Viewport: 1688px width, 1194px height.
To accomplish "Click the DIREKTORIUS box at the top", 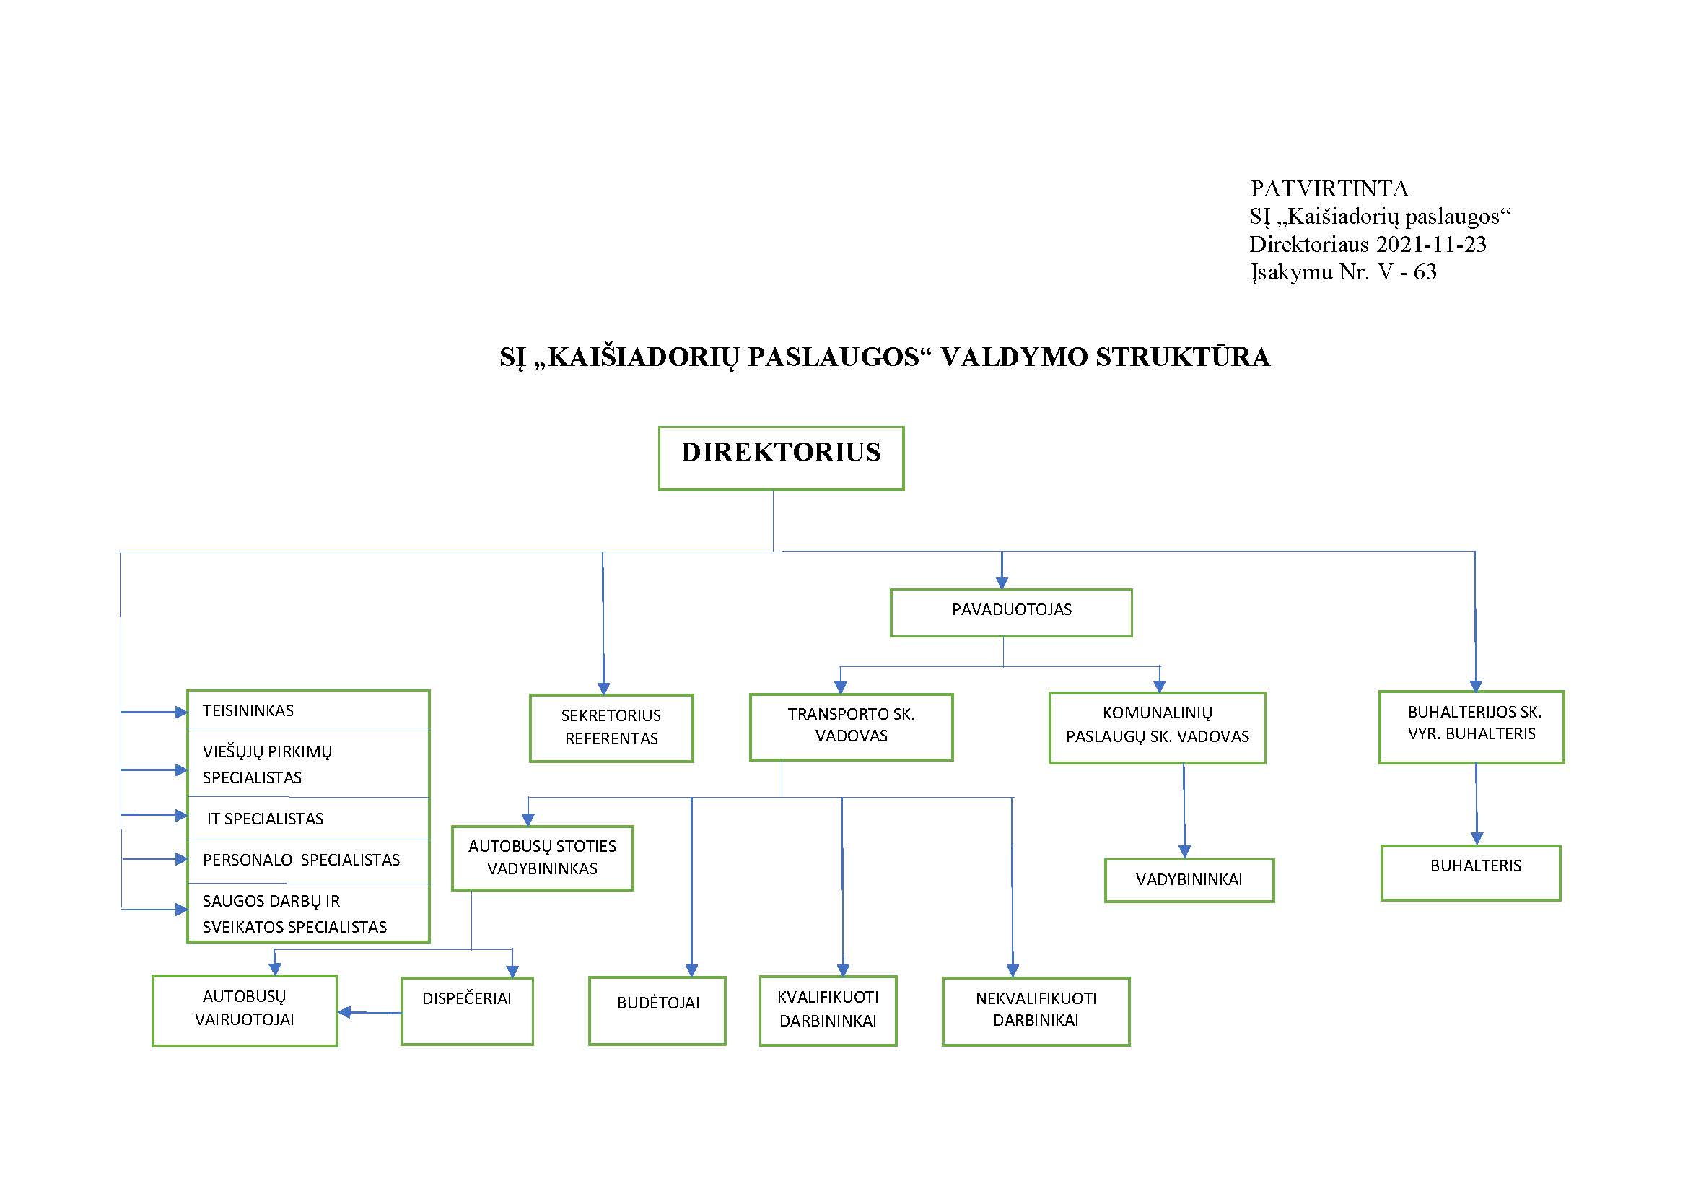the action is coord(781,458).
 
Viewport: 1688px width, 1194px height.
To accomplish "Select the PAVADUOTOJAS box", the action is coord(1011,612).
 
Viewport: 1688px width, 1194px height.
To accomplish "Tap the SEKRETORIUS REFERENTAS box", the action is coord(611,728).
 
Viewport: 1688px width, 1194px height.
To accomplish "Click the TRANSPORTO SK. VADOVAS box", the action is coord(852,726).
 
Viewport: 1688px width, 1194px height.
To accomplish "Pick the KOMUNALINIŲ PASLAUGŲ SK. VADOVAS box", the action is coord(1157,728).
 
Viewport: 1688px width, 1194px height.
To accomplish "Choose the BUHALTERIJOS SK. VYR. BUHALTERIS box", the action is coord(1471,727).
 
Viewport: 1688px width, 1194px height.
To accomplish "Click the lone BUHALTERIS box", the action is coord(1470,873).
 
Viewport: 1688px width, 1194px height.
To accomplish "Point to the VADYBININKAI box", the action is coord(1189,880).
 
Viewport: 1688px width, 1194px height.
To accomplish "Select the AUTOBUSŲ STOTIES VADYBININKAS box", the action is coord(542,858).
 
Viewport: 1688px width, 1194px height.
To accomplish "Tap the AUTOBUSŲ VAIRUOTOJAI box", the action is coord(245,1011).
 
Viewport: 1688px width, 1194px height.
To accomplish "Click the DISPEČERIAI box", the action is coord(467,1011).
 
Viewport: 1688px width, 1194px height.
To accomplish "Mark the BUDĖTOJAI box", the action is coord(657,1011).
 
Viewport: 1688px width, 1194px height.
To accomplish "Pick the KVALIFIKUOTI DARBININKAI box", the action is coord(828,1011).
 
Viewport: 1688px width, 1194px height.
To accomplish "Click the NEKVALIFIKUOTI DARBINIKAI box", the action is coord(1036,1011).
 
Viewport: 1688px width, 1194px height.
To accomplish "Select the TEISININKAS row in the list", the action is coord(308,710).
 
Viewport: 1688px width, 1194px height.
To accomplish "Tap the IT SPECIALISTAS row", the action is coord(308,819).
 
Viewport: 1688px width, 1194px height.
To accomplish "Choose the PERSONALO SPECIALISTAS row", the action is coord(308,861).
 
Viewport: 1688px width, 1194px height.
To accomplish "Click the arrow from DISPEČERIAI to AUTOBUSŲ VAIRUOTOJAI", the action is coord(369,1012).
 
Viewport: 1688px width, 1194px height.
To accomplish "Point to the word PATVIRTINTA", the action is coord(1329,189).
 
